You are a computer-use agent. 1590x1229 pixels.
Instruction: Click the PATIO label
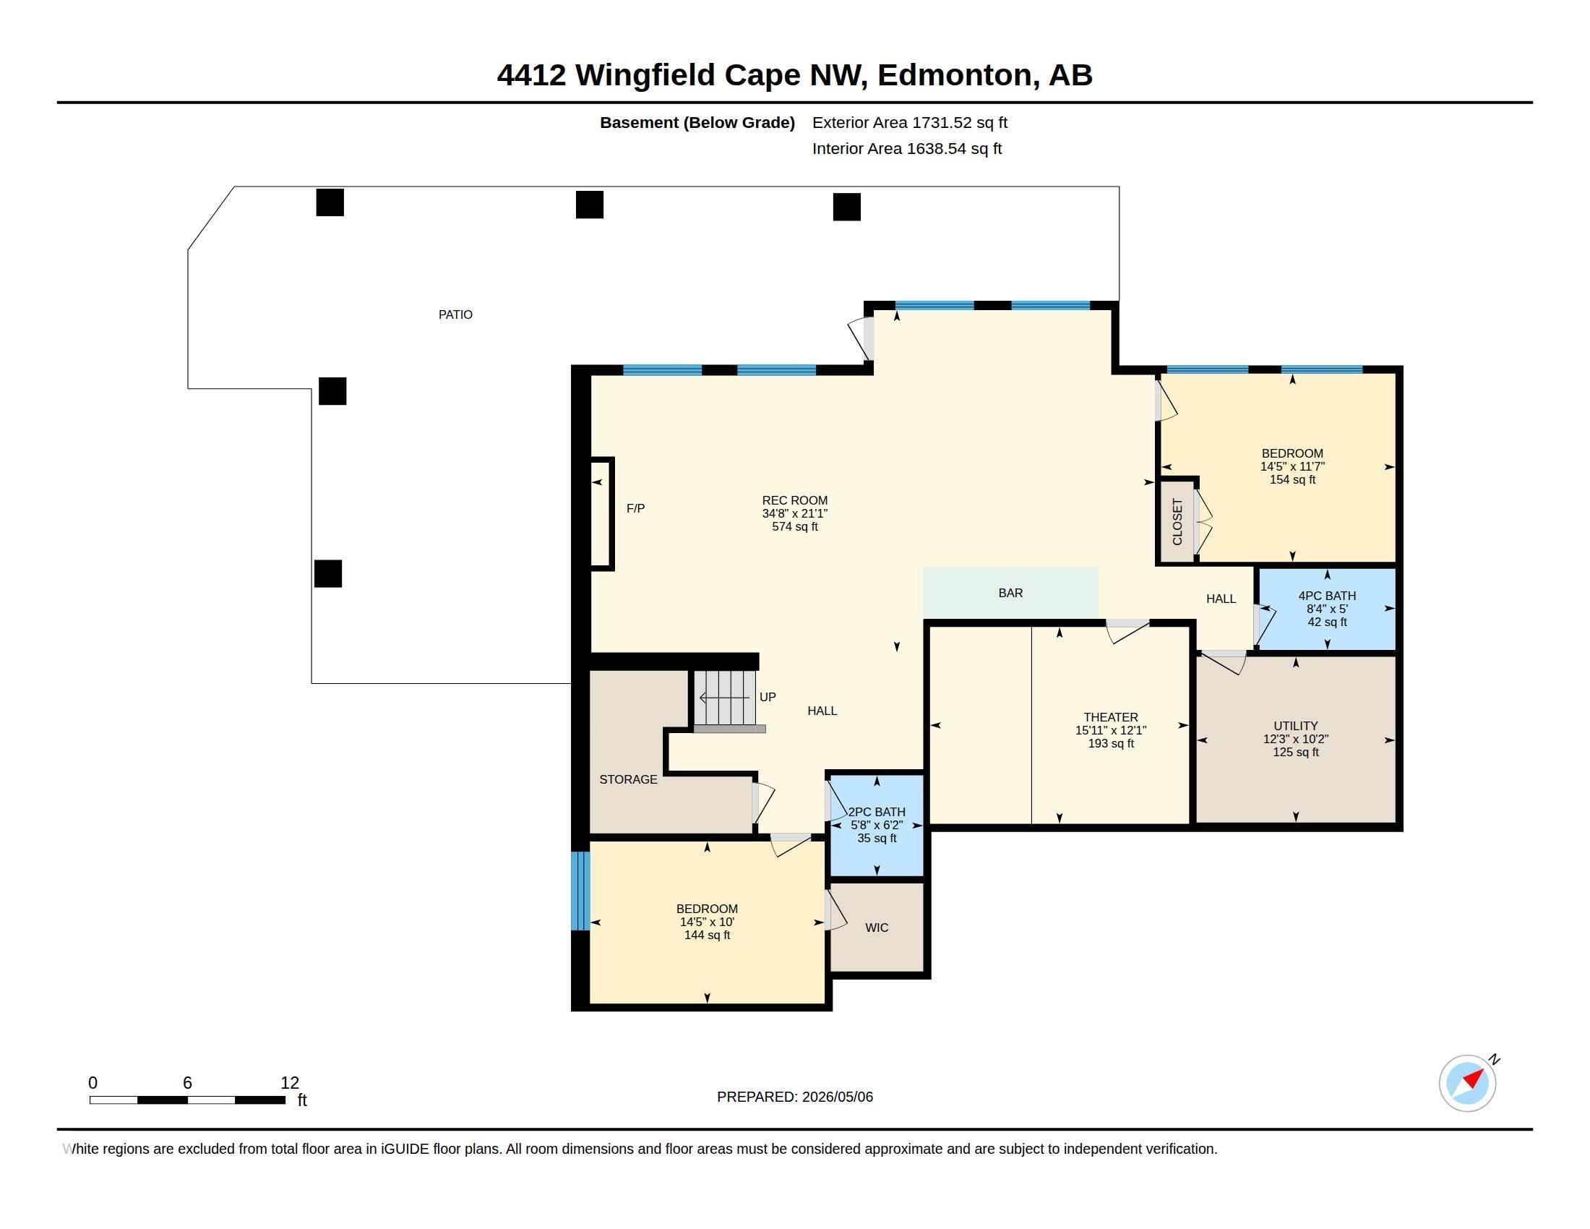pyautogui.click(x=455, y=314)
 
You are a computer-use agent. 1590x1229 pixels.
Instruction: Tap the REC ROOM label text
pyautogui.click(x=794, y=500)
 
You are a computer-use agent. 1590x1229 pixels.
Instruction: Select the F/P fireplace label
pyautogui.click(x=635, y=508)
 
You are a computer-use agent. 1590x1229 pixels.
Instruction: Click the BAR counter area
pyautogui.click(x=1010, y=594)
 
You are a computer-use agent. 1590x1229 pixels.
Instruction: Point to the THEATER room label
pyautogui.click(x=1110, y=717)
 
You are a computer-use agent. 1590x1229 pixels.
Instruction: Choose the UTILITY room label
pyautogui.click(x=1295, y=726)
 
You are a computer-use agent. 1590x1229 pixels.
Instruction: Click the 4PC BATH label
pyautogui.click(x=1326, y=596)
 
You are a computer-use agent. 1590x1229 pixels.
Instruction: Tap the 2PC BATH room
pyautogui.click(x=877, y=826)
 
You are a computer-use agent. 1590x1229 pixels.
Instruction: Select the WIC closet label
pyautogui.click(x=877, y=928)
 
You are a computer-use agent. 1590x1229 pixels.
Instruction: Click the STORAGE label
pyautogui.click(x=628, y=779)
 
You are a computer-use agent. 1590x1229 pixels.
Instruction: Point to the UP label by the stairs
pyautogui.click(x=768, y=697)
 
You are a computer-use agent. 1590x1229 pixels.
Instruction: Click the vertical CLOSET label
pyautogui.click(x=1177, y=521)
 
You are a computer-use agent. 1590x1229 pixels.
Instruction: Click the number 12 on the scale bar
pyautogui.click(x=290, y=1083)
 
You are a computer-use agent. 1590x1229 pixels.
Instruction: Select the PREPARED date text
pyautogui.click(x=794, y=1097)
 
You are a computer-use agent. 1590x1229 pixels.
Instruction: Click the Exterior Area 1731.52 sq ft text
pyautogui.click(x=909, y=122)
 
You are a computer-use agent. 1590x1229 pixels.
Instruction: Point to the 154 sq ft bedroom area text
pyautogui.click(x=1292, y=480)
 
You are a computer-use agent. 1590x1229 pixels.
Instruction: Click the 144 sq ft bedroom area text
pyautogui.click(x=707, y=935)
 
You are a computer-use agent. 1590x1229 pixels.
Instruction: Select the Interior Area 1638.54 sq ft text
pyautogui.click(x=907, y=148)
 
